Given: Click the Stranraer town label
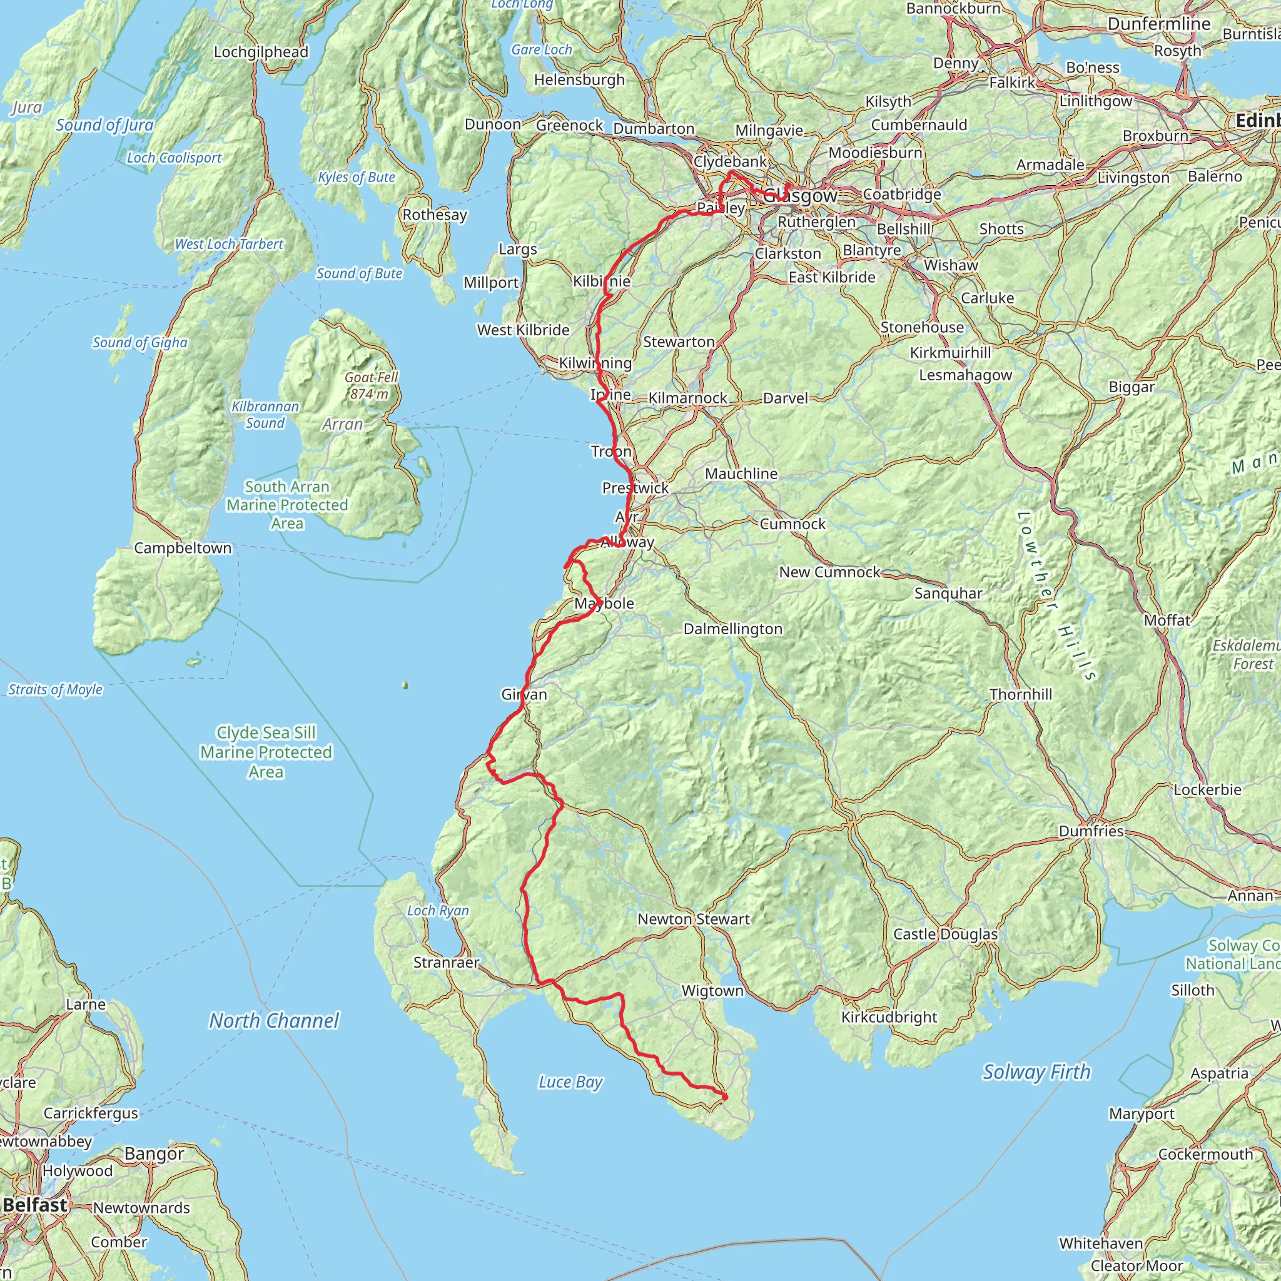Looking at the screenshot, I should (x=445, y=962).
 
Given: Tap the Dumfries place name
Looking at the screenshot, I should (x=1091, y=831).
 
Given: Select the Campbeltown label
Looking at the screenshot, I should (x=183, y=548).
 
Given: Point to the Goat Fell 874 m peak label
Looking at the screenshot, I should (x=371, y=385).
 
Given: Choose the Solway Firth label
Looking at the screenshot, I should (x=1036, y=1071).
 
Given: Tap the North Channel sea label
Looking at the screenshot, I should (x=274, y=1020).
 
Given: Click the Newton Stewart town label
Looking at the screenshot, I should (x=693, y=919).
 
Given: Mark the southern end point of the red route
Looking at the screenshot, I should (x=725, y=1097).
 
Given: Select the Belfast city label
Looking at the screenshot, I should (x=35, y=1205).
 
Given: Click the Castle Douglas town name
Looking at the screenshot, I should (x=945, y=934).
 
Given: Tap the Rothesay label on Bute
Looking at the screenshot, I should (x=434, y=214).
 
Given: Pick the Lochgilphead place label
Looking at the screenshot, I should (x=261, y=52).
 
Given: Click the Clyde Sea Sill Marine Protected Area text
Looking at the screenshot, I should (x=266, y=752).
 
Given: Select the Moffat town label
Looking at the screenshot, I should (x=1167, y=620).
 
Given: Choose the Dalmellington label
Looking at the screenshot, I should (x=732, y=629).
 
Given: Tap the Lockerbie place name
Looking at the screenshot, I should (x=1207, y=790).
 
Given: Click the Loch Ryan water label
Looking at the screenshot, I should (x=438, y=910).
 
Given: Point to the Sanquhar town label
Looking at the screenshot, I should (x=948, y=593).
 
